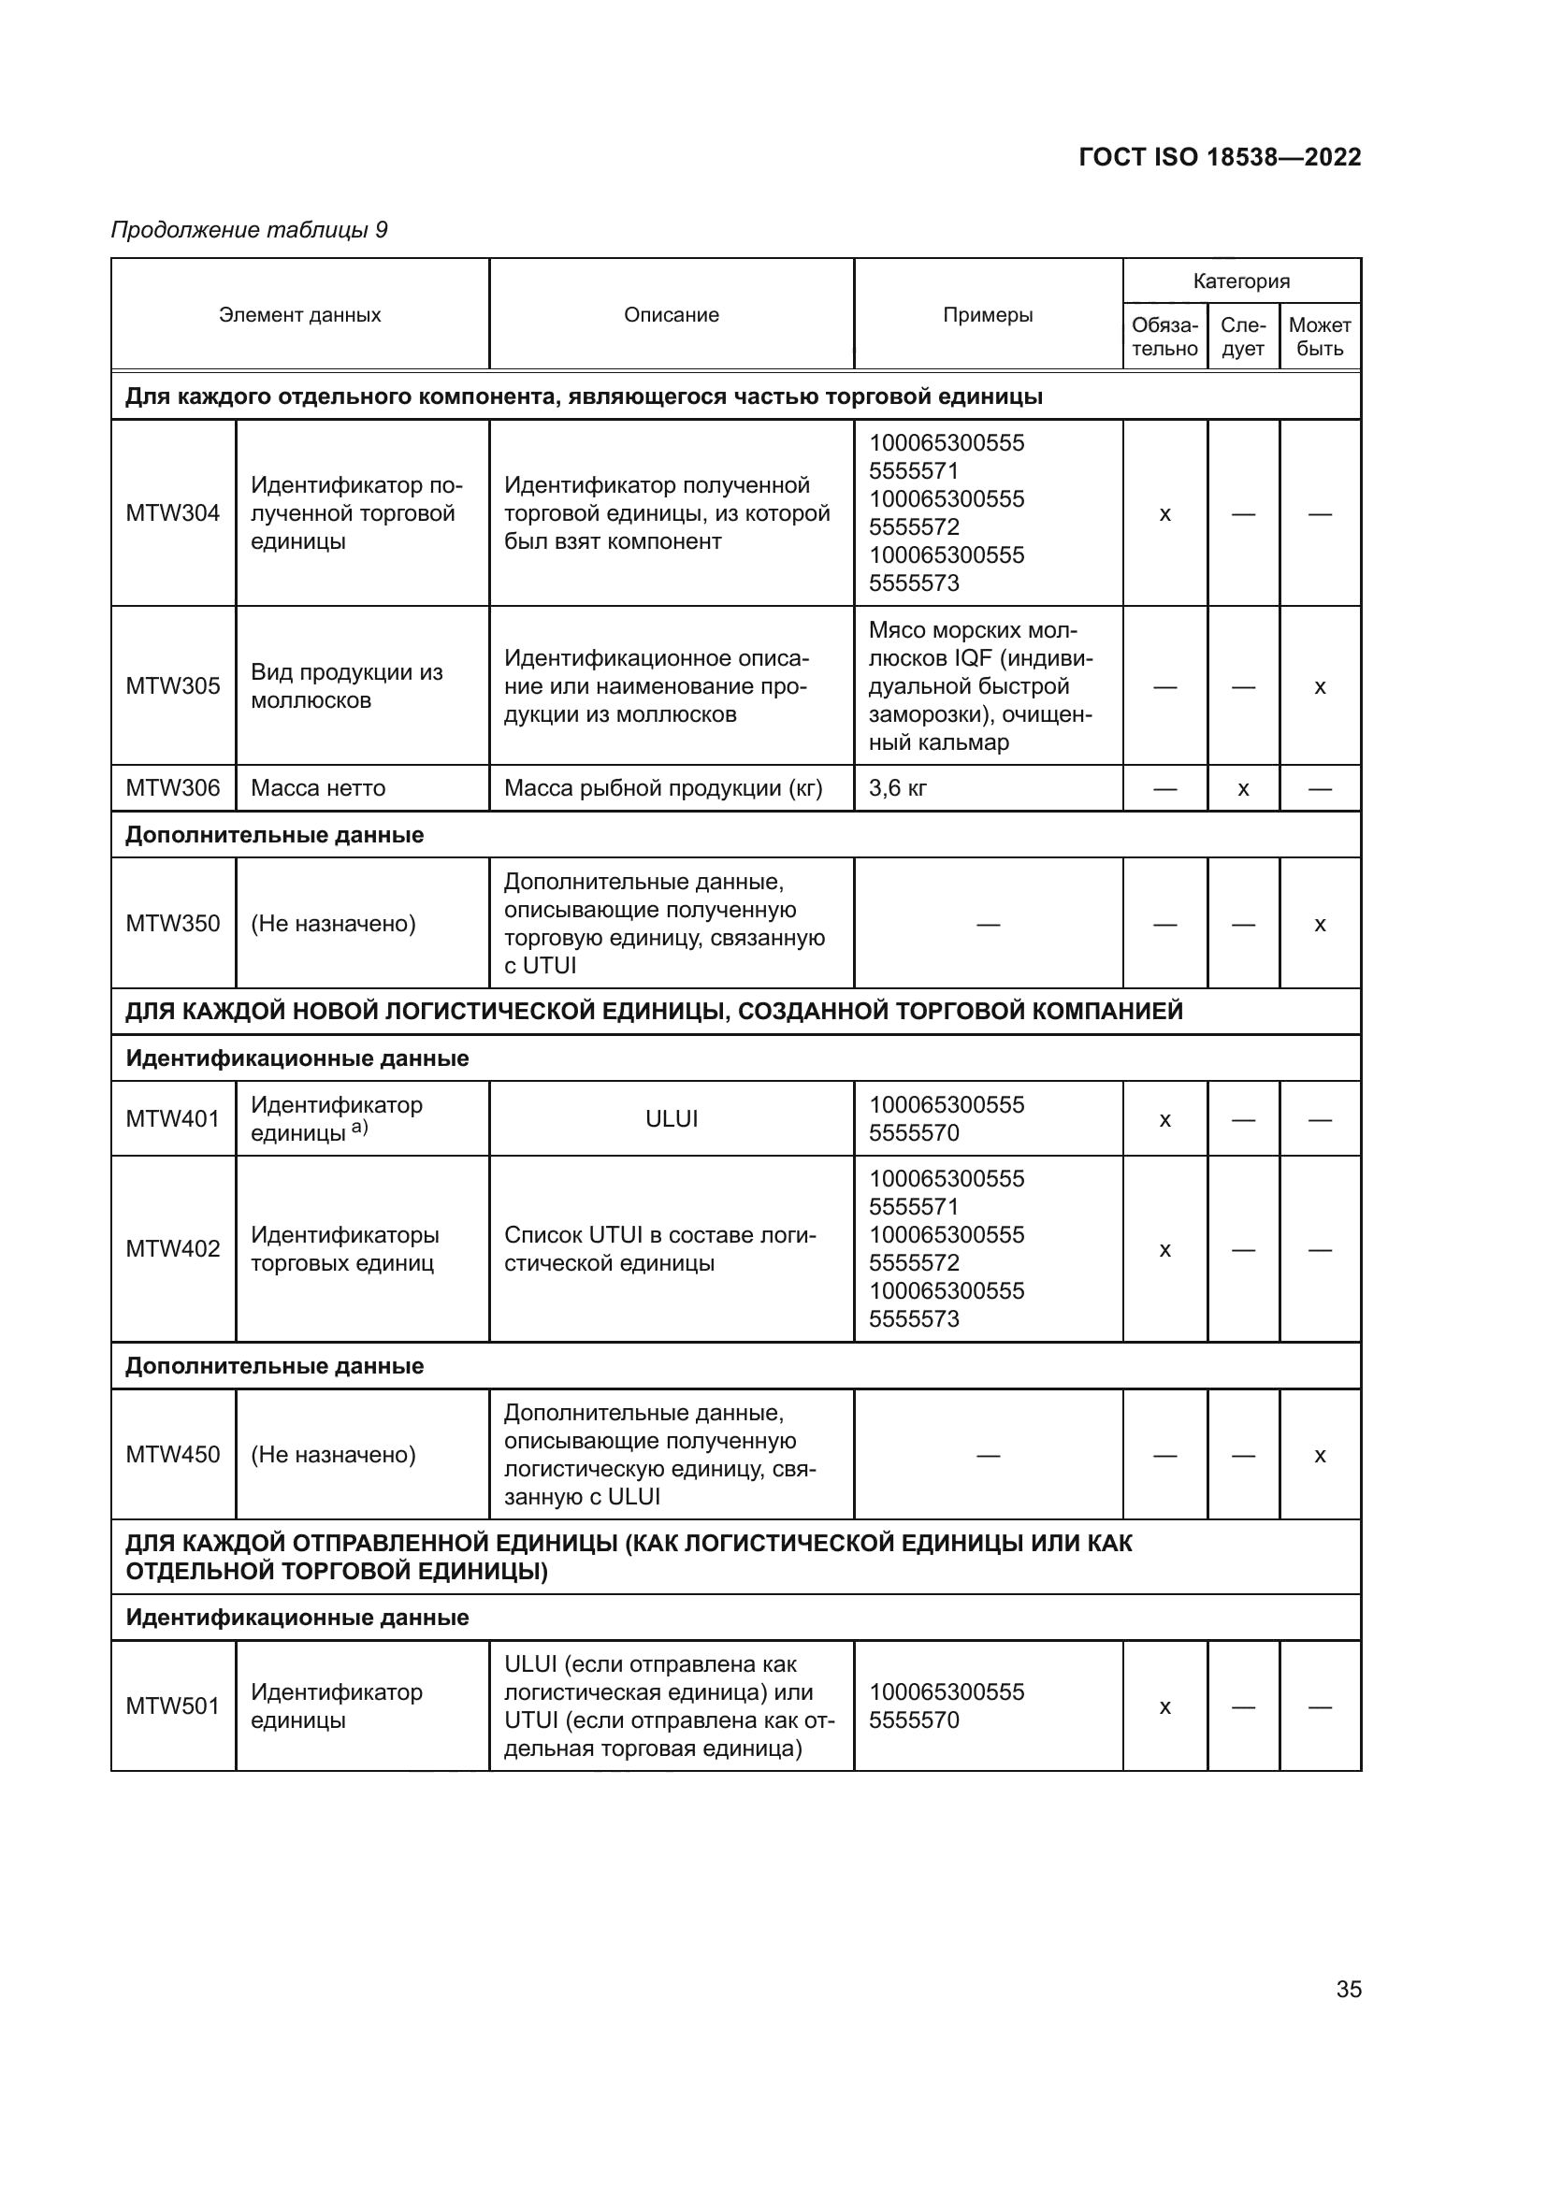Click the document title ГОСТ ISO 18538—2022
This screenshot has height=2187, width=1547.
[1220, 157]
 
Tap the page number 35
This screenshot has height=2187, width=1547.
[1348, 1989]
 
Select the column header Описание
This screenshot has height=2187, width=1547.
[672, 315]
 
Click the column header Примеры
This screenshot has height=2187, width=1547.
[988, 315]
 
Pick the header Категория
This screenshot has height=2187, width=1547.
[1241, 281]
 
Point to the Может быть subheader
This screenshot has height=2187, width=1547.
[1320, 338]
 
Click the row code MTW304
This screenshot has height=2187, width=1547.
[172, 513]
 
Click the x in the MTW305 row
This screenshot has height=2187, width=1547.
[1320, 688]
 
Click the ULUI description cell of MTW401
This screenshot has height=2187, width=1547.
[672, 1119]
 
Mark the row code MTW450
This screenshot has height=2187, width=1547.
[172, 1455]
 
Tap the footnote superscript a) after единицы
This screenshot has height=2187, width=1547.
[359, 1128]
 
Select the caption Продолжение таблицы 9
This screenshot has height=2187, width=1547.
[250, 231]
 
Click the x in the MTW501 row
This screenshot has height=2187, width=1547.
[1164, 1708]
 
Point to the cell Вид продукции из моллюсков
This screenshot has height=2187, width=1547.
[347, 687]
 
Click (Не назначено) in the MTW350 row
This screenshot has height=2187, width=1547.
[333, 924]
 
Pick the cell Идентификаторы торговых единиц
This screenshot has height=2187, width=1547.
[345, 1249]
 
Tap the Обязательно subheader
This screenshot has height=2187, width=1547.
[1164, 338]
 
